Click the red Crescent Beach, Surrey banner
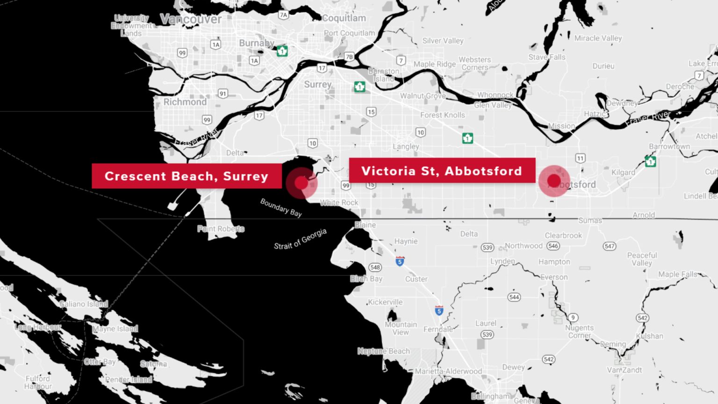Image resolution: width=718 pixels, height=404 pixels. [x=187, y=176]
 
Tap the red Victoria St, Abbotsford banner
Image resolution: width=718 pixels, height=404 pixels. [x=442, y=171]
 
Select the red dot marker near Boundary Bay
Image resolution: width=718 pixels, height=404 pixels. [x=302, y=183]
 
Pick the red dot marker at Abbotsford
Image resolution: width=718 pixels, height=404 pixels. [x=554, y=181]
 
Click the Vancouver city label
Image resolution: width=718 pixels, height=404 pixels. [x=191, y=19]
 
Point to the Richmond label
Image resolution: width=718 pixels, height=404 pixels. [x=185, y=102]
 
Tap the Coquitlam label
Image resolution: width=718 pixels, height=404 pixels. [x=344, y=18]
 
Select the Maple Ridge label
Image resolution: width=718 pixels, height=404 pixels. [x=434, y=64]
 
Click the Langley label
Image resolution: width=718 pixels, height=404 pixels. [x=406, y=146]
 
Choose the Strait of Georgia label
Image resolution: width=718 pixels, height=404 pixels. [x=300, y=239]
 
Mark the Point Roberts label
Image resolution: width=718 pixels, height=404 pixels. [x=221, y=229]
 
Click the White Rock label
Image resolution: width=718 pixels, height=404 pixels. [x=339, y=202]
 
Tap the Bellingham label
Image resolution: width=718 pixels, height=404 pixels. [x=490, y=396]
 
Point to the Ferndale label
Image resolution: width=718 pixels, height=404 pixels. [x=438, y=329]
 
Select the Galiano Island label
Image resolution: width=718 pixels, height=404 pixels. [x=84, y=304]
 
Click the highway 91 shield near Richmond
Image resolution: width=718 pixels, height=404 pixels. [x=223, y=94]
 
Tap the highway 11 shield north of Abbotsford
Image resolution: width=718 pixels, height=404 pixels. [x=580, y=158]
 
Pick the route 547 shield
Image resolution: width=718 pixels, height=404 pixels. [x=609, y=246]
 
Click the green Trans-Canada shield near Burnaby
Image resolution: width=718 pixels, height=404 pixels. [x=282, y=50]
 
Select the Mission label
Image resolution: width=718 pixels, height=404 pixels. [x=561, y=126]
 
